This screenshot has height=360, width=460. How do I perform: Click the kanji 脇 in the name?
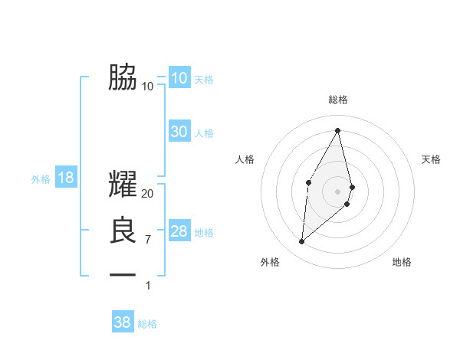[123, 77]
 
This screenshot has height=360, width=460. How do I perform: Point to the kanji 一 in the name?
[123, 274]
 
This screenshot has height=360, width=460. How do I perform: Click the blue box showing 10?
[179, 78]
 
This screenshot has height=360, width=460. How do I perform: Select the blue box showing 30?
[179, 132]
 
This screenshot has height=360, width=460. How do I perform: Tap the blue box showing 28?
[179, 231]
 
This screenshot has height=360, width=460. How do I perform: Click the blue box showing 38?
[123, 322]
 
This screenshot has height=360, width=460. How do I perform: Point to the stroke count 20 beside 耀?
[148, 194]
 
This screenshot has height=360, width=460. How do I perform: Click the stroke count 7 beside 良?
[148, 240]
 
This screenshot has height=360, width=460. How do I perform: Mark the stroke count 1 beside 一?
[148, 286]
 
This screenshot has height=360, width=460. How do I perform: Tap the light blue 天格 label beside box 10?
[204, 80]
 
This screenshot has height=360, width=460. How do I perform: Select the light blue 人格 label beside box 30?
[204, 133]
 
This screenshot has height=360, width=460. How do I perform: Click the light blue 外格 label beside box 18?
[41, 180]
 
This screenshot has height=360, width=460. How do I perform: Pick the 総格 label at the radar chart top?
[337, 100]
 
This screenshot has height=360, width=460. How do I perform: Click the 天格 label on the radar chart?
[431, 159]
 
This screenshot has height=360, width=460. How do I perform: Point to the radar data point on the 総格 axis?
[337, 130]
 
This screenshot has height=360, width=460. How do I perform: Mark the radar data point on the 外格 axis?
[302, 242]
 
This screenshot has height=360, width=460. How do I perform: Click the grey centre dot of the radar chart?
[337, 191]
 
